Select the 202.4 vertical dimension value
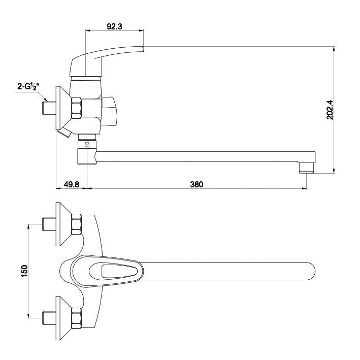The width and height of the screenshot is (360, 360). click(329, 109)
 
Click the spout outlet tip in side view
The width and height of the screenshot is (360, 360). click(307, 167)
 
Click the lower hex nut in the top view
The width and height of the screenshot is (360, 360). click(77, 318)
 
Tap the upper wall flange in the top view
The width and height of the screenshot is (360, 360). click(64, 223)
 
